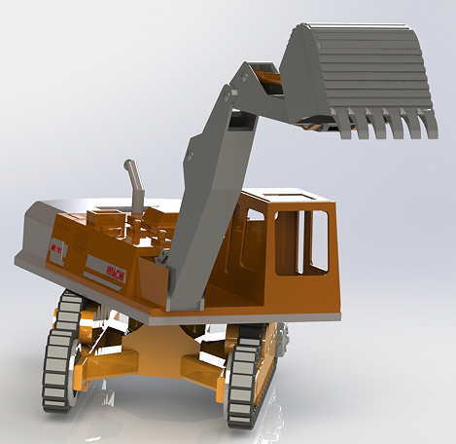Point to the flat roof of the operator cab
(x=292, y=200)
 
